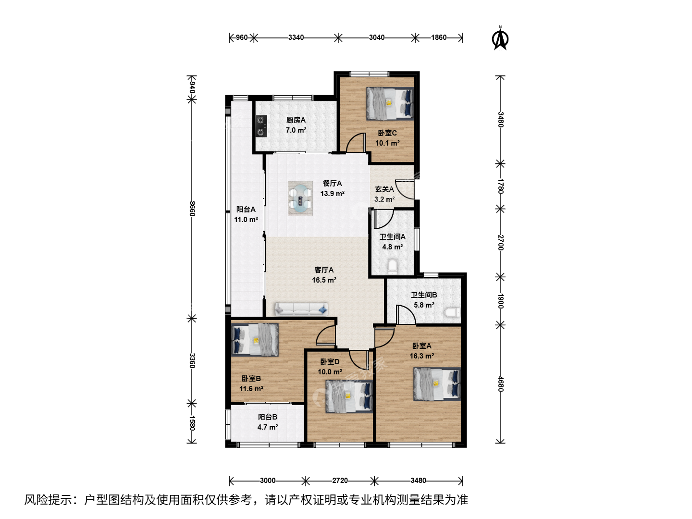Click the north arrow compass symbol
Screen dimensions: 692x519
[x=500, y=38]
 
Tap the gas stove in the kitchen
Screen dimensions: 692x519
[x=261, y=126]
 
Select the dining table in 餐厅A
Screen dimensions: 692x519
[x=300, y=198]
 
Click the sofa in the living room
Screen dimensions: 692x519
[x=301, y=309]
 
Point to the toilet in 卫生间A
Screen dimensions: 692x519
[x=393, y=266]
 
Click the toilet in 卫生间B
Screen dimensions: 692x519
[x=452, y=312]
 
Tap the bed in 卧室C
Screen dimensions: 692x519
[x=390, y=104]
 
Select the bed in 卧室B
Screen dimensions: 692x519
[x=255, y=340]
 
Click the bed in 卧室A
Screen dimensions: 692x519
[x=437, y=384]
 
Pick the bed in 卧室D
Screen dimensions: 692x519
[x=349, y=396]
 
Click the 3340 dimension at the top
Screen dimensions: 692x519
[x=296, y=37]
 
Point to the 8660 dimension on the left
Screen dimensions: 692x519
[x=192, y=209]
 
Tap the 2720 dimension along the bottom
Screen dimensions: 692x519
[x=340, y=481]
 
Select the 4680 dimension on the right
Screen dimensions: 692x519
[x=500, y=383]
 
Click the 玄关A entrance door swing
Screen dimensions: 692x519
[x=405, y=189]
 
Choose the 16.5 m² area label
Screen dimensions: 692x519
[x=324, y=280]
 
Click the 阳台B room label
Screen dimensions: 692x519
[x=268, y=417]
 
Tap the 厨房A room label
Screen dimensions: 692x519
[x=296, y=120]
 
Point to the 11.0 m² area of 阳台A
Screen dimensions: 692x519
[x=246, y=219]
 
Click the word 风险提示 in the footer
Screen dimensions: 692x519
[x=48, y=500]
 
